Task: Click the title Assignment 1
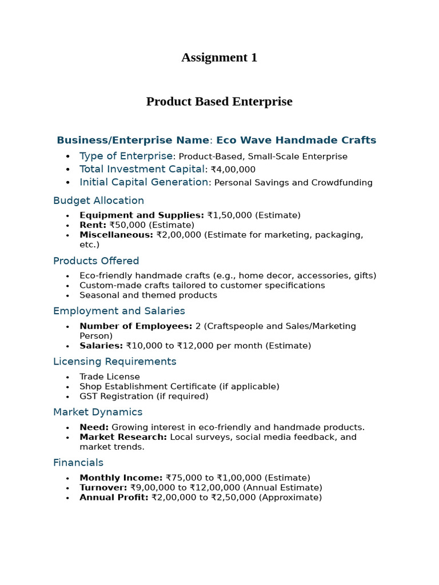click(219, 58)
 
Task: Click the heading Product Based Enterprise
click(219, 102)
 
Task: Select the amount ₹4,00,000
click(233, 170)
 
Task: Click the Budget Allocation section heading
click(98, 201)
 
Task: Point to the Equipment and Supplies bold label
click(141, 215)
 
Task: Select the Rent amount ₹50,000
click(127, 225)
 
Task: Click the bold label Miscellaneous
click(116, 235)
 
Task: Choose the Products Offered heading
click(96, 261)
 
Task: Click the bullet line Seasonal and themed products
click(148, 295)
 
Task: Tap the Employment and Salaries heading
click(119, 311)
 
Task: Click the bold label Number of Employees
click(135, 326)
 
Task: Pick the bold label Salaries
click(101, 346)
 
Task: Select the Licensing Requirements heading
click(114, 362)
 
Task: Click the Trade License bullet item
click(109, 377)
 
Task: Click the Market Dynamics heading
click(98, 412)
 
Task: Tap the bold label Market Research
click(123, 437)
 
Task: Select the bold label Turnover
click(103, 488)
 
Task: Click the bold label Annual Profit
click(114, 498)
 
